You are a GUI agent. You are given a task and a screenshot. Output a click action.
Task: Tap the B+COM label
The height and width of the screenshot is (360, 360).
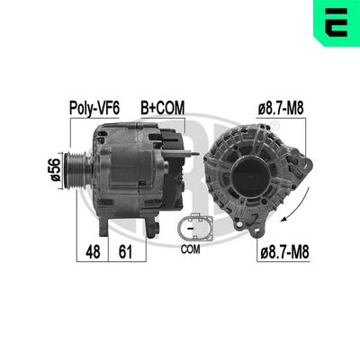pyautogui.click(x=162, y=108)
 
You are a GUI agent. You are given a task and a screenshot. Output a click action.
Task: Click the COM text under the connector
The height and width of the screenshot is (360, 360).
pyautogui.click(x=191, y=247)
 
